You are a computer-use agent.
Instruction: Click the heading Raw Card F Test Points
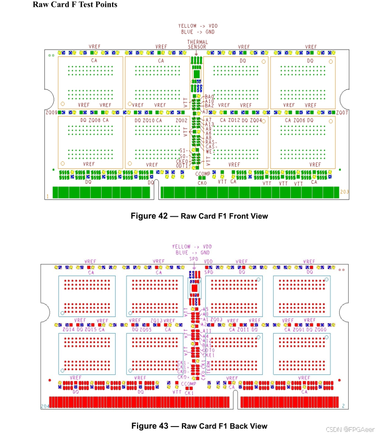pyautogui.click(x=75, y=5)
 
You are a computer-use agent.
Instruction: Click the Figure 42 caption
pyautogui.click(x=199, y=216)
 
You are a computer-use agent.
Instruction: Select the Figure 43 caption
pyautogui.click(x=199, y=426)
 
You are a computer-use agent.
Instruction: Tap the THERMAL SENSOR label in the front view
pyautogui.click(x=198, y=44)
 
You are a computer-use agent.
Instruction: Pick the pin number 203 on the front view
pyautogui.click(x=344, y=192)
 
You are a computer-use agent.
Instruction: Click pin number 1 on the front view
pyautogui.click(x=48, y=196)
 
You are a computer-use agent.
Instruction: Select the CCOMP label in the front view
pyautogui.click(x=203, y=174)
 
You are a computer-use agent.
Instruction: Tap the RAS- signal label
pyautogui.click(x=211, y=142)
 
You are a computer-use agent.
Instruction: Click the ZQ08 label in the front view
pyautogui.click(x=94, y=120)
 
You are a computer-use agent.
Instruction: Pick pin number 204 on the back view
pyautogui.click(x=45, y=406)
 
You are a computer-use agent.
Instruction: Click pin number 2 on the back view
pyautogui.click(x=343, y=406)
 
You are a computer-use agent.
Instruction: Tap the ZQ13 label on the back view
pyautogui.click(x=156, y=320)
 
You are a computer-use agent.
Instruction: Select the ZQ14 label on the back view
pyautogui.click(x=68, y=329)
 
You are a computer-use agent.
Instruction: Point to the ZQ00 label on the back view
pyautogui.click(x=322, y=329)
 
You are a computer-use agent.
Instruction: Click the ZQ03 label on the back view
pyautogui.click(x=217, y=319)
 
